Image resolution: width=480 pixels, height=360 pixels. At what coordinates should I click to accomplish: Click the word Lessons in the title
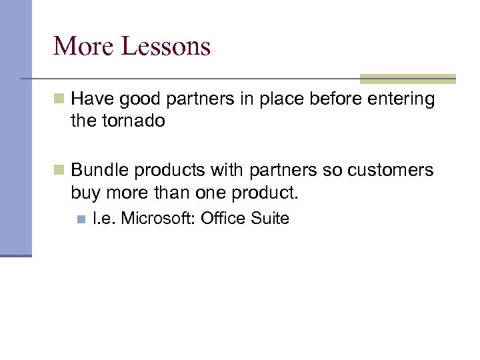[x=166, y=47]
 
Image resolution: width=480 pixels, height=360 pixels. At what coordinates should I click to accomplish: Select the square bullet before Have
[x=59, y=100]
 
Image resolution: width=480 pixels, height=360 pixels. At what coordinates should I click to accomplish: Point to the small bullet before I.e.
[x=81, y=219]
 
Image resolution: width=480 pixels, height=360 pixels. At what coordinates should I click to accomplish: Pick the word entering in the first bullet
[x=405, y=100]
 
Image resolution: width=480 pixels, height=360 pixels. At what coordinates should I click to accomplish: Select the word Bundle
[x=100, y=171]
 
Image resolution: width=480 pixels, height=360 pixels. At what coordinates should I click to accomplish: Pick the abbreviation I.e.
[x=105, y=218]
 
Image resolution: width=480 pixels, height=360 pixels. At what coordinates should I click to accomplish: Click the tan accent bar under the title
[x=407, y=79]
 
